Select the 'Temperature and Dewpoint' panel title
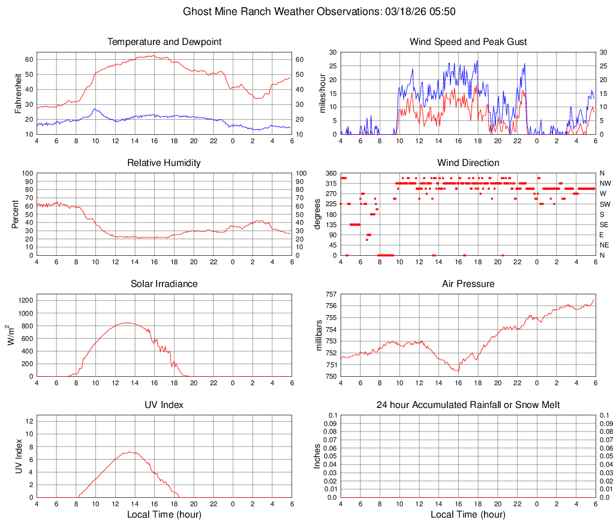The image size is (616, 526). (164, 42)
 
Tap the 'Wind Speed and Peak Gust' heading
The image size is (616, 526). (468, 42)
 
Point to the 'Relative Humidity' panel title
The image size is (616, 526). (164, 163)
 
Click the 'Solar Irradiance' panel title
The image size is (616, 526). (164, 284)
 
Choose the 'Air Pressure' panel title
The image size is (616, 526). (468, 284)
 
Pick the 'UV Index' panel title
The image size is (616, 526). (164, 405)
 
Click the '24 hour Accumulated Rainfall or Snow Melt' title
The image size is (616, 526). (468, 405)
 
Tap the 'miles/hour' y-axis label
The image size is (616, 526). (322, 93)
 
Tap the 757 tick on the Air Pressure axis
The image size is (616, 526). (330, 294)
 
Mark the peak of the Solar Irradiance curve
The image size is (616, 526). (127, 323)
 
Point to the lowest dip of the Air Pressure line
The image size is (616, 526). (458, 371)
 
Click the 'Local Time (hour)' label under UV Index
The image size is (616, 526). (164, 515)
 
